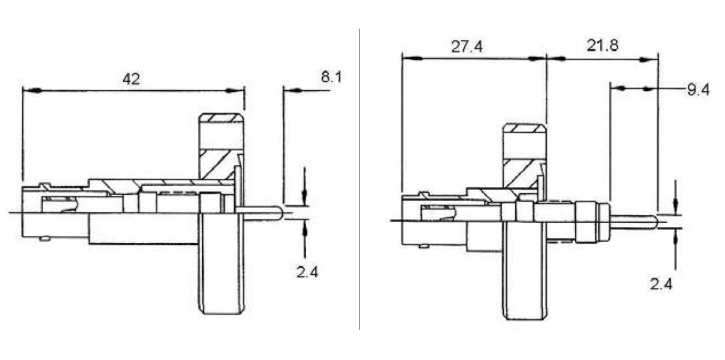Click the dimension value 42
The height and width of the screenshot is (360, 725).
click(131, 79)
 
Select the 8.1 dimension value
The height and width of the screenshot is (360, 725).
click(331, 77)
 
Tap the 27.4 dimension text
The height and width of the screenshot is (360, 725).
click(467, 47)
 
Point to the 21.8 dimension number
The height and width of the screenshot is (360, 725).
click(602, 45)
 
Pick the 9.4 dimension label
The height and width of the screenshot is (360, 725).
click(698, 90)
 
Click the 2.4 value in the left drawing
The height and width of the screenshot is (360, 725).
click(307, 272)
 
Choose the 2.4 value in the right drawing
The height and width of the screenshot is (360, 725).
click(661, 284)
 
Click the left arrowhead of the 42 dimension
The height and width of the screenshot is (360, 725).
click(33, 90)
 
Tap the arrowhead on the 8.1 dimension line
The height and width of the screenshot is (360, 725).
click(293, 90)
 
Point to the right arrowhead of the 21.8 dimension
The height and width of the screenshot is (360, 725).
click(648, 59)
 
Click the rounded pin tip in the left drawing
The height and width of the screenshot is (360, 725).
click(281, 213)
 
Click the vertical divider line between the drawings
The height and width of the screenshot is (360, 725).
click(359, 179)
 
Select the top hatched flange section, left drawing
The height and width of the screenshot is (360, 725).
click(221, 118)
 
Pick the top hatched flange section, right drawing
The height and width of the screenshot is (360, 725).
click(524, 129)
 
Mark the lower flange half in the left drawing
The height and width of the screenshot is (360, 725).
click(221, 264)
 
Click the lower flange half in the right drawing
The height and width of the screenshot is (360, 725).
click(526, 271)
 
